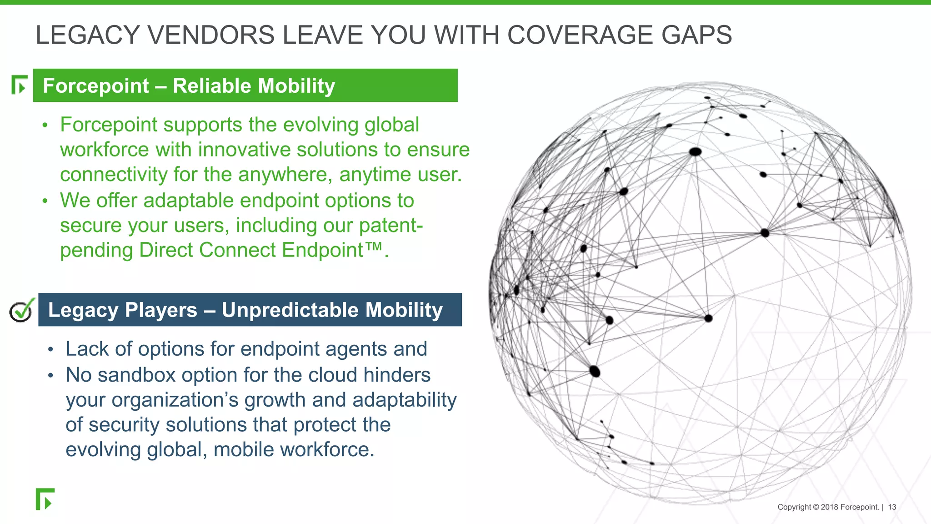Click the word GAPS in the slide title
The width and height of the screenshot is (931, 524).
pos(696,35)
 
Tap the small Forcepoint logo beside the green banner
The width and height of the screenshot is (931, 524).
pos(19,85)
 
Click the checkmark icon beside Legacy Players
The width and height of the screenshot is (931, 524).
pos(21,311)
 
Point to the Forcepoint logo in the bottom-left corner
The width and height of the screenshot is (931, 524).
pos(45,499)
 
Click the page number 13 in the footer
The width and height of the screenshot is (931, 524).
pos(892,507)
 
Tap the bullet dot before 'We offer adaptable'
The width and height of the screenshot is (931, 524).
pos(45,201)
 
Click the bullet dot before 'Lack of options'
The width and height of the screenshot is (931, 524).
pos(50,349)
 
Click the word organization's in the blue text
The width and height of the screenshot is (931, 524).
pos(175,400)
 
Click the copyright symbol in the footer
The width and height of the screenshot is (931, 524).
pos(816,507)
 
